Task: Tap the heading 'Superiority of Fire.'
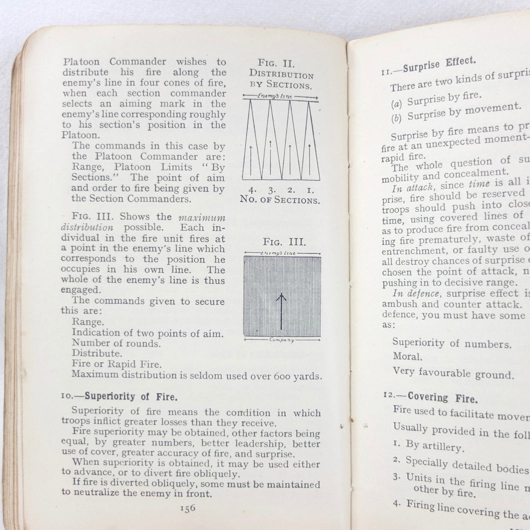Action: coord(131,396)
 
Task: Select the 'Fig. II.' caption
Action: coord(276,63)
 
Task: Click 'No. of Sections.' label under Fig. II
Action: coord(279,201)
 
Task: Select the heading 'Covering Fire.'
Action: coord(442,398)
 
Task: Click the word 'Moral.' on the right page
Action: coord(406,357)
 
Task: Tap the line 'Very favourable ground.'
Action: coord(446,373)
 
